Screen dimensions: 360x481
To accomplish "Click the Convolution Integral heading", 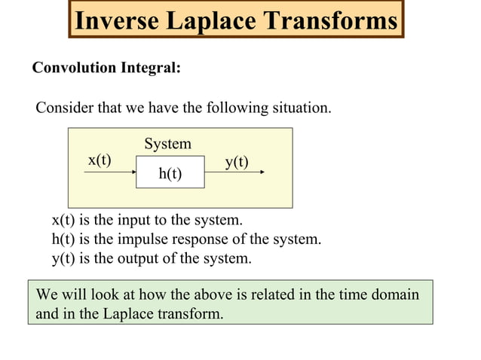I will pyautogui.click(x=106, y=68).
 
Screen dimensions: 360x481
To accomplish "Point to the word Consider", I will pyautogui.click(x=63, y=108).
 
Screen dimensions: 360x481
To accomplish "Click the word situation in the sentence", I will pyautogui.click(x=302, y=108).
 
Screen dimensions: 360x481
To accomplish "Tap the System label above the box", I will pyautogui.click(x=167, y=143).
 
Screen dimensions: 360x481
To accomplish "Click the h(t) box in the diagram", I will pyautogui.click(x=170, y=173).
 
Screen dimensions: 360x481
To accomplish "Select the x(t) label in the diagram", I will pyautogui.click(x=100, y=160).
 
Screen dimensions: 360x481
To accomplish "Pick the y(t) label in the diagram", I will pyautogui.click(x=237, y=161).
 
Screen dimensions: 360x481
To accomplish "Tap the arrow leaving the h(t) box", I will pyautogui.click(x=234, y=172).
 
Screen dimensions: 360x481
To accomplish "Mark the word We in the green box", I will pyautogui.click(x=46, y=294).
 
